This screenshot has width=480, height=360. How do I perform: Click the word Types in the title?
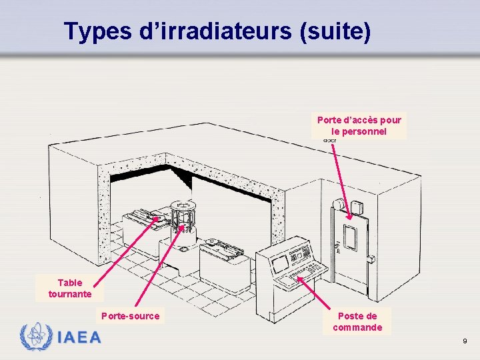pos(97,31)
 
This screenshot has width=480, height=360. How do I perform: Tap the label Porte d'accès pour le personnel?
pos(359,126)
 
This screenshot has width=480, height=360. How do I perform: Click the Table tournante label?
pos(70,288)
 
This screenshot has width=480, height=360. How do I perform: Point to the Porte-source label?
pos(131,316)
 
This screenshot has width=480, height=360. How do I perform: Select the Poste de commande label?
pos(357,321)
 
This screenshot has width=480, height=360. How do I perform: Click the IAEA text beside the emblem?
pos(79,337)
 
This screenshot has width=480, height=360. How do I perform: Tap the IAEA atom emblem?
pos(35,337)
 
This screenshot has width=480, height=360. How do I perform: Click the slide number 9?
pos(465,341)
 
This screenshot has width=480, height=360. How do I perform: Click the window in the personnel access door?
pos(350,235)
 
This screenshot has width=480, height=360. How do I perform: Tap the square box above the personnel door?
pos(360,209)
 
